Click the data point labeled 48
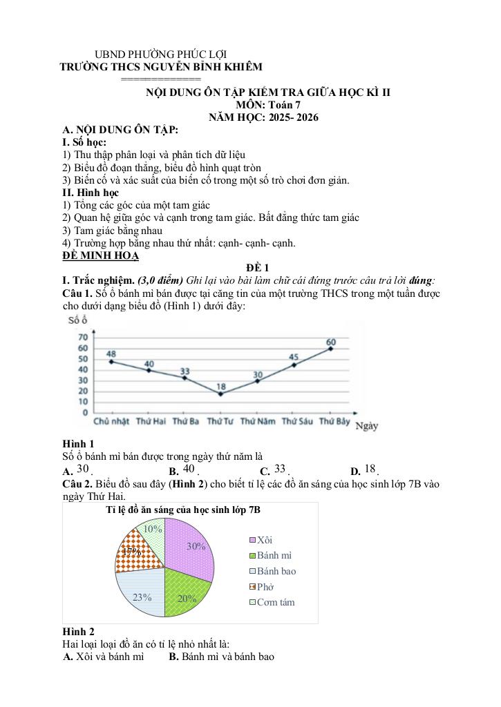[111, 362]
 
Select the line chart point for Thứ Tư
[220, 394]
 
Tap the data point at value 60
[331, 349]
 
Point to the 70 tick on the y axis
[83, 337]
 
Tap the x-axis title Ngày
[366, 427]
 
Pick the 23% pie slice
[142, 592]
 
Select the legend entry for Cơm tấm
[275, 602]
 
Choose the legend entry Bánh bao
[276, 571]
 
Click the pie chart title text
[183, 510]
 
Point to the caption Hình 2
[78, 632]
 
